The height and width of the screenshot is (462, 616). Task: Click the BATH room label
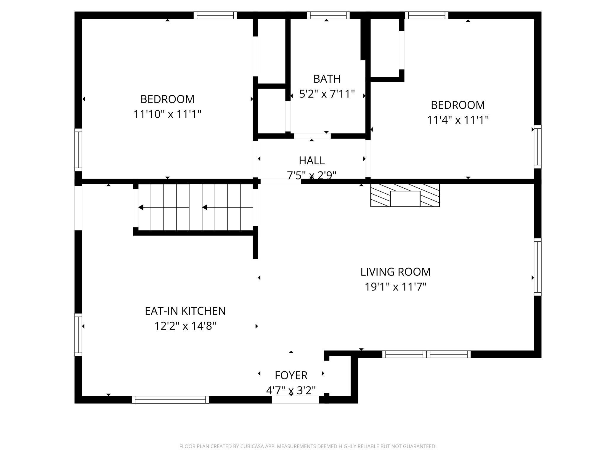coord(327,79)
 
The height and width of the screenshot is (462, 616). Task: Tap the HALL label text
coord(312,161)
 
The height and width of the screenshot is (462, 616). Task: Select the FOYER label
coord(291,375)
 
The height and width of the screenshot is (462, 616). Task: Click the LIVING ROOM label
coord(395,272)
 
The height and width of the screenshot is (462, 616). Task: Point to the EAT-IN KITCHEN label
coord(185,311)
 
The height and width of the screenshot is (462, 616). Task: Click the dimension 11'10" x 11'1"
coord(167,114)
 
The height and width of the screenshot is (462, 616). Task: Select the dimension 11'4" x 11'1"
coord(458,120)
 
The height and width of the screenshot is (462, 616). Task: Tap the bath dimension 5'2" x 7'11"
coord(327,94)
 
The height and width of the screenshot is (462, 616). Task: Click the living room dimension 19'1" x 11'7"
coord(395,287)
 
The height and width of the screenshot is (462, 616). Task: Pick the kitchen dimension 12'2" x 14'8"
coord(185,326)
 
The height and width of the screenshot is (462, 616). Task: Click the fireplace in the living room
coord(405,195)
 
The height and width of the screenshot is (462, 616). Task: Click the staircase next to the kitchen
coord(195,207)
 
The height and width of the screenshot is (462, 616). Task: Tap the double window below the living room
coord(426,354)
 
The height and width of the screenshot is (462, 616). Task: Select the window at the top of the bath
coord(328,15)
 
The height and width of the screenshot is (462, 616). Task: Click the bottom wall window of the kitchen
coord(170,400)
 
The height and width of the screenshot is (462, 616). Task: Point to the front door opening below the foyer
coord(295,400)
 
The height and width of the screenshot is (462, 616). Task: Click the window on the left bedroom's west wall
coord(78,150)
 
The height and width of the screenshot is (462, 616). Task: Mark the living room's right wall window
coord(538,267)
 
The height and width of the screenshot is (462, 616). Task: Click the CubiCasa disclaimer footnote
coord(308,446)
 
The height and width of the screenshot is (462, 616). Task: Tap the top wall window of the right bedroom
coord(426,15)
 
